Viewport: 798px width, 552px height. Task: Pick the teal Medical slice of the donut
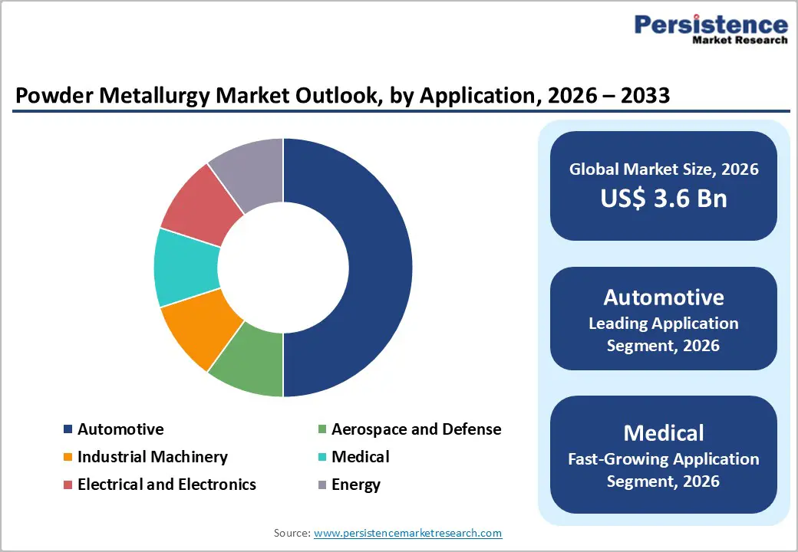point(185,268)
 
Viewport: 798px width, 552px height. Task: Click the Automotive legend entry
point(120,429)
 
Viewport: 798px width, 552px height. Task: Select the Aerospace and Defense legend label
point(416,429)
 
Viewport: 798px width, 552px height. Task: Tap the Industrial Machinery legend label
point(152,457)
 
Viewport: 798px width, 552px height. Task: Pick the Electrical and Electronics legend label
point(167,485)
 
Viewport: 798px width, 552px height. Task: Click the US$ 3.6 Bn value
point(663,199)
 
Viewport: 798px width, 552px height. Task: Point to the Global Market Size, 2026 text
point(663,169)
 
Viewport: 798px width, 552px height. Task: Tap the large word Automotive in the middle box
point(663,297)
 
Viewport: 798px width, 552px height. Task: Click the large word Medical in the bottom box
point(663,433)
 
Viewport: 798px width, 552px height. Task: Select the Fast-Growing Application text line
point(663,459)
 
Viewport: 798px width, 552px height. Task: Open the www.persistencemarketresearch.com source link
point(407,532)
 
